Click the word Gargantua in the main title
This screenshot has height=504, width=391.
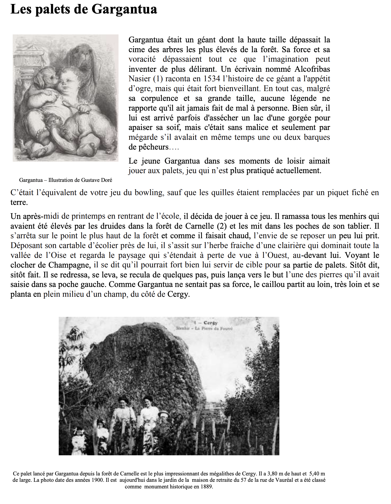(x=124, y=9)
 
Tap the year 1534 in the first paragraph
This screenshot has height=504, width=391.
(x=212, y=79)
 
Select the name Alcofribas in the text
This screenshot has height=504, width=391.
(x=312, y=69)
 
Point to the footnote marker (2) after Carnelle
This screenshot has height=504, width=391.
(x=221, y=226)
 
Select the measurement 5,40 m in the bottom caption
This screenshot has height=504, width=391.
(x=317, y=474)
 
